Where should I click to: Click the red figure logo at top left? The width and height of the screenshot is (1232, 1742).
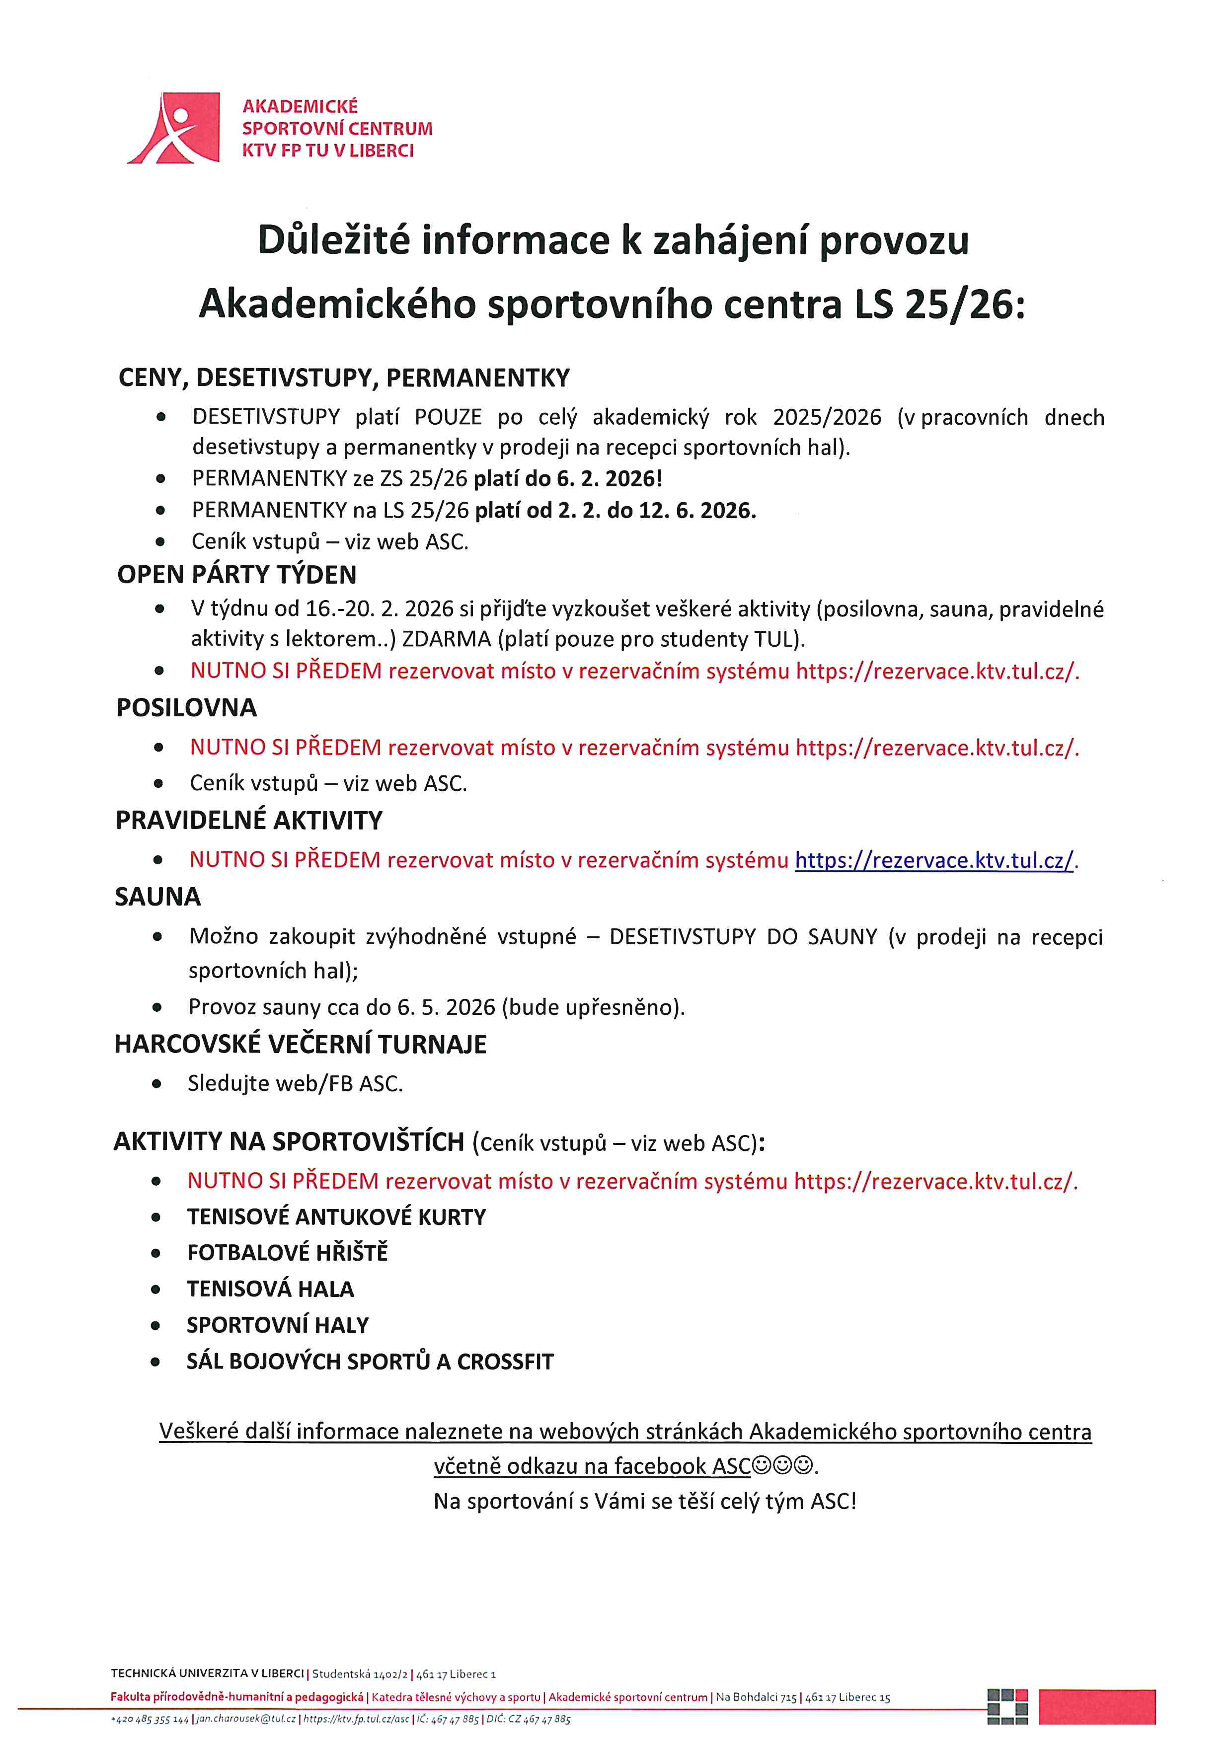[174, 128]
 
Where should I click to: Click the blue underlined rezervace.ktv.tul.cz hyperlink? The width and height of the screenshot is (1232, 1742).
[934, 860]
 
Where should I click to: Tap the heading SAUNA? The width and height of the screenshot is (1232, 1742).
[158, 897]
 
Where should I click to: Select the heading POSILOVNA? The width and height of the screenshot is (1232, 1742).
[187, 707]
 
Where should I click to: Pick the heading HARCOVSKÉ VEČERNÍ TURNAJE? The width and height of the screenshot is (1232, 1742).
[301, 1044]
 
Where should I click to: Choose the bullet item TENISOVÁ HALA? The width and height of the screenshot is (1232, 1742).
[270, 1288]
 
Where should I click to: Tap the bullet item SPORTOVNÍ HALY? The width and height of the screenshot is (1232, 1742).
[278, 1325]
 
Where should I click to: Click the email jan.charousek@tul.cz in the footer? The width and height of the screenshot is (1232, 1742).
[246, 1719]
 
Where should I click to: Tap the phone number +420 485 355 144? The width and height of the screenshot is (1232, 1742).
[150, 1719]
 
